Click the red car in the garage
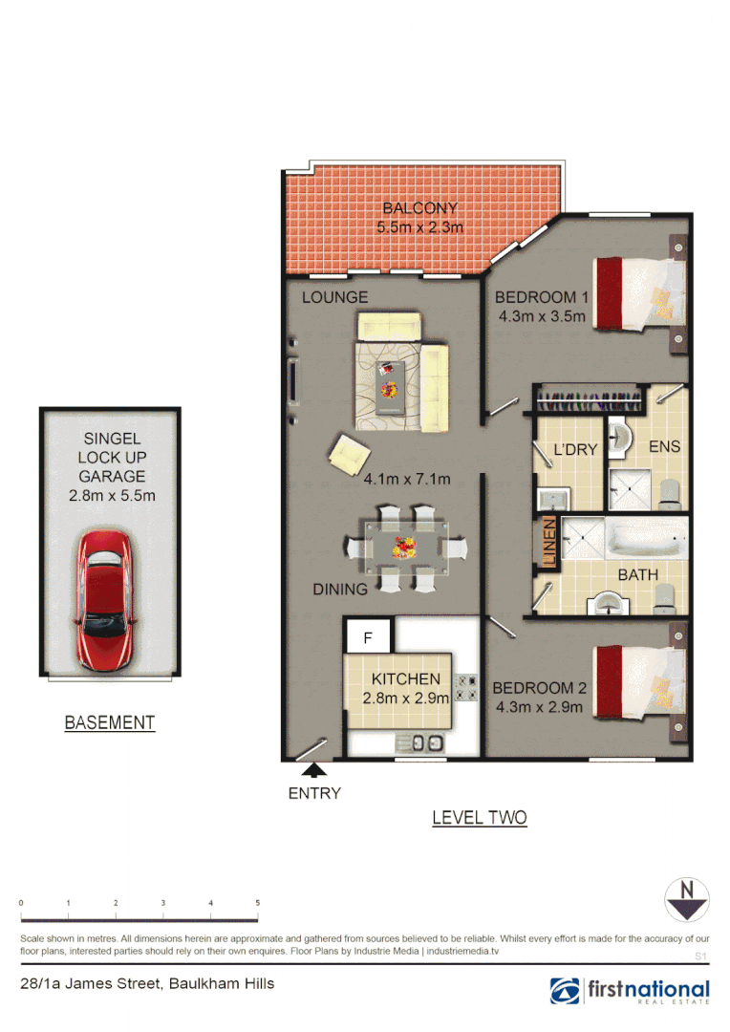pos(105,599)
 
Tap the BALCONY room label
pos(420,208)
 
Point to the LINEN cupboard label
pos(549,543)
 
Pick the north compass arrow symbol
pos(687,899)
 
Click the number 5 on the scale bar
pos(258,903)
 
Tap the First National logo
pos(630,991)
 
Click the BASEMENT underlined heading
pos(109,723)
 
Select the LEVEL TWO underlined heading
pos(479,818)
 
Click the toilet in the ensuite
pos(670,491)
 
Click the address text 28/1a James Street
pos(147,983)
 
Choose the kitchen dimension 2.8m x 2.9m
pos(406,699)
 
